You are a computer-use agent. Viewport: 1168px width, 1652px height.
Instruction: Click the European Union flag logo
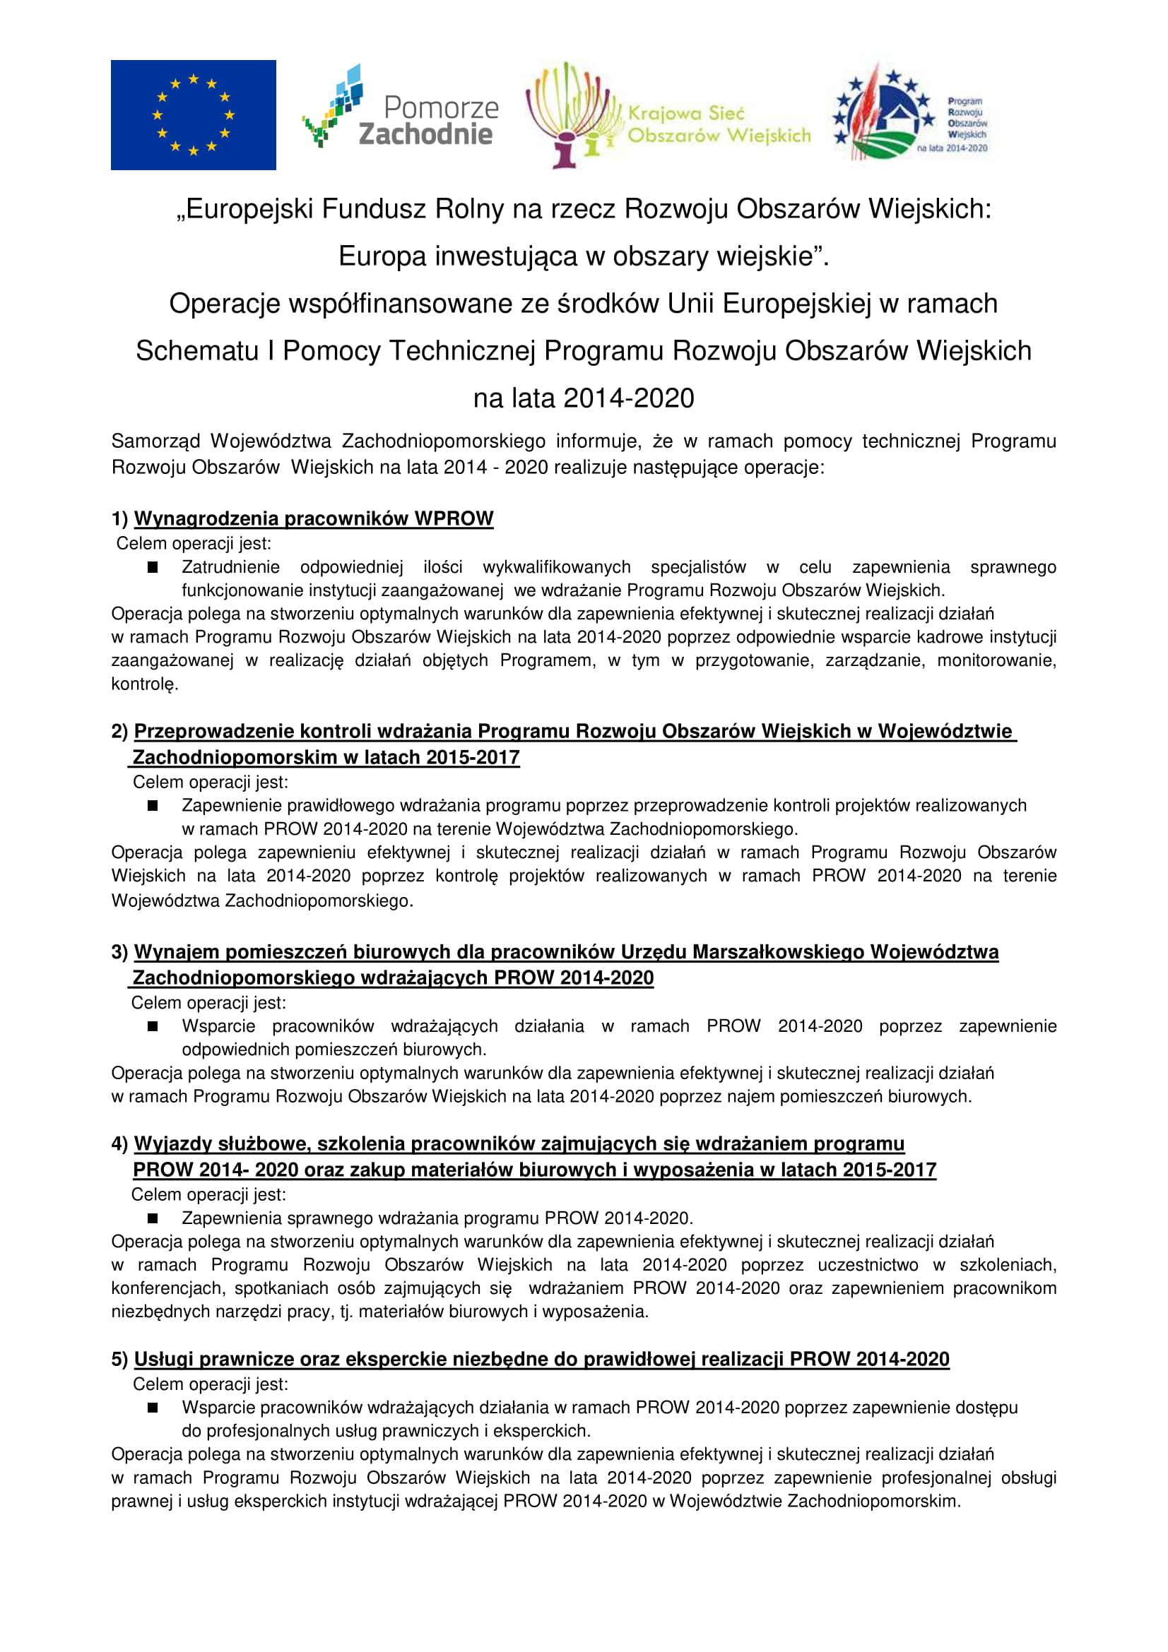pyautogui.click(x=193, y=115)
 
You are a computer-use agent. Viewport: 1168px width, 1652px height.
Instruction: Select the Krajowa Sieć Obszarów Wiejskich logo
pyautogui.click(x=668, y=115)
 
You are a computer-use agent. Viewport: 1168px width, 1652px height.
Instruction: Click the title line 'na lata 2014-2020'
pyautogui.click(x=584, y=398)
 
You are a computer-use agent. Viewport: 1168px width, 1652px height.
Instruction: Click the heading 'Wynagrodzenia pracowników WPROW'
pyautogui.click(x=314, y=519)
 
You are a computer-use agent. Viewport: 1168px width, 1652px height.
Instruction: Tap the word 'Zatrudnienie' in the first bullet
pyautogui.click(x=230, y=567)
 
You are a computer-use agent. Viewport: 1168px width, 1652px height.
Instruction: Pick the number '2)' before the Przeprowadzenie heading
pyautogui.click(x=119, y=732)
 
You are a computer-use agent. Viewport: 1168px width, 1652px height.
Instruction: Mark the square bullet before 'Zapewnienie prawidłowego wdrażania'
pyautogui.click(x=153, y=806)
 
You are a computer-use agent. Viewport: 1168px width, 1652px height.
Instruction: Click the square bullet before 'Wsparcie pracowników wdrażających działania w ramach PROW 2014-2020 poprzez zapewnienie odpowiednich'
pyautogui.click(x=153, y=1027)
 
